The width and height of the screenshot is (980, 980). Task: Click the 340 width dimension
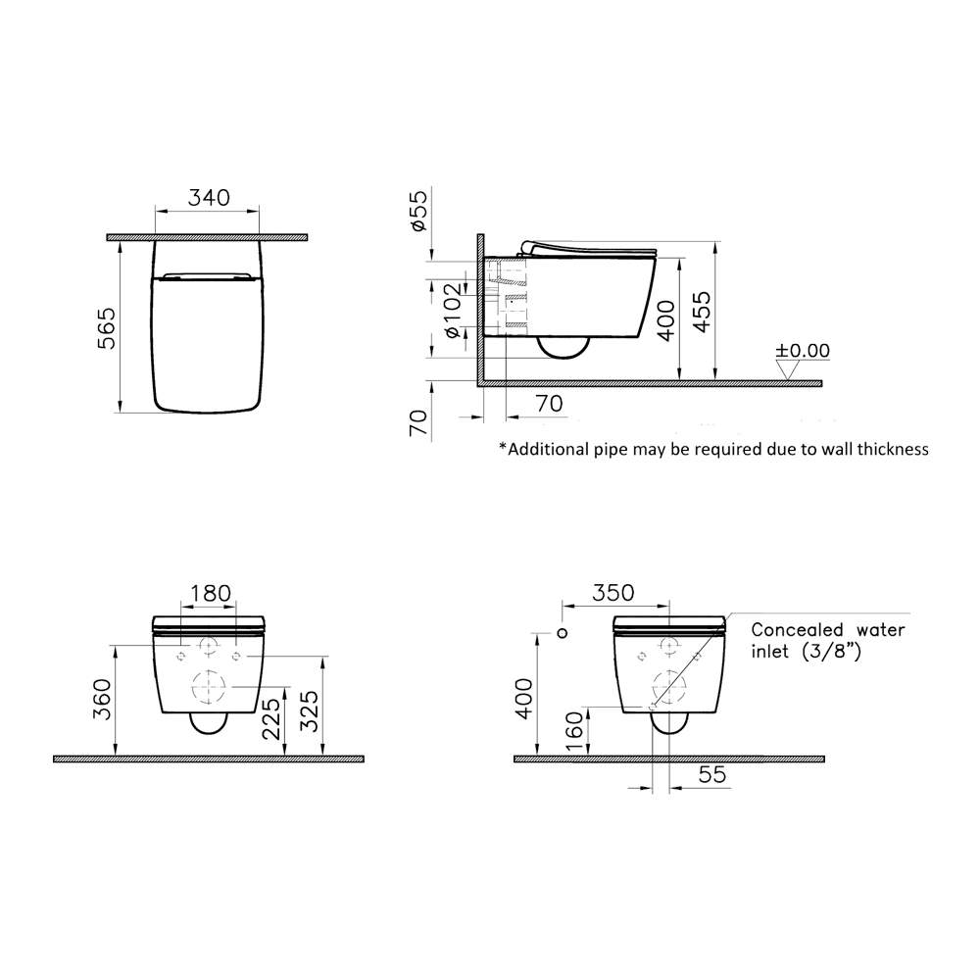(x=208, y=197)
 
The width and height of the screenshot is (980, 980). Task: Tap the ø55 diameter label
(x=419, y=212)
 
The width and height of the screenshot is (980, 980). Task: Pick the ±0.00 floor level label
(x=803, y=351)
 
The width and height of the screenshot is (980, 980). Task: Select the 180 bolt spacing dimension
(x=210, y=593)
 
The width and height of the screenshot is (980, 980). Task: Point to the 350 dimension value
(x=613, y=593)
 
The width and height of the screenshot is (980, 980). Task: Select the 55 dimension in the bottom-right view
(x=711, y=776)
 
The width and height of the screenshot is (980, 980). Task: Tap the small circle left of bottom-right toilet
(x=562, y=632)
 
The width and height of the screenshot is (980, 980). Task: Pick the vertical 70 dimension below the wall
(x=418, y=423)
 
